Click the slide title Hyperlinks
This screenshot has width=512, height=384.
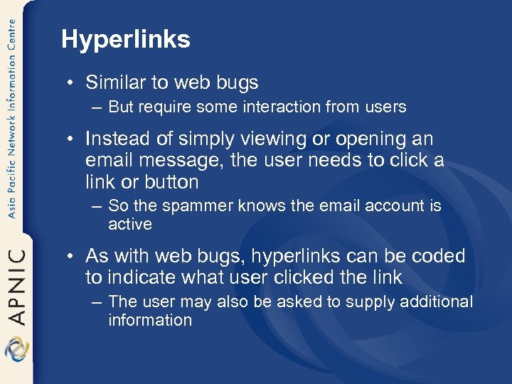[x=126, y=40]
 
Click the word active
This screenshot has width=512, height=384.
[x=130, y=224]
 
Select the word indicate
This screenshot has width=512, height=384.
[x=135, y=277]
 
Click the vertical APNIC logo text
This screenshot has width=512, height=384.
[x=16, y=284]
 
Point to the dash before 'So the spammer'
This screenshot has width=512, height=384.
[x=97, y=207]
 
